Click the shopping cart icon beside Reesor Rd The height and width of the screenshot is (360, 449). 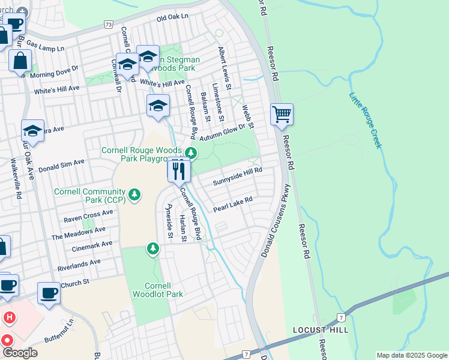[282, 114]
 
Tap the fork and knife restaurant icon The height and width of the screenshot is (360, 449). [179, 171]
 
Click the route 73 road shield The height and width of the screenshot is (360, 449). [108, 25]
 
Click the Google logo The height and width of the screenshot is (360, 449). [20, 352]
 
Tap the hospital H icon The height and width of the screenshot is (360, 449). [9, 316]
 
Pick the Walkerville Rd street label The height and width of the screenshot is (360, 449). [16, 179]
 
